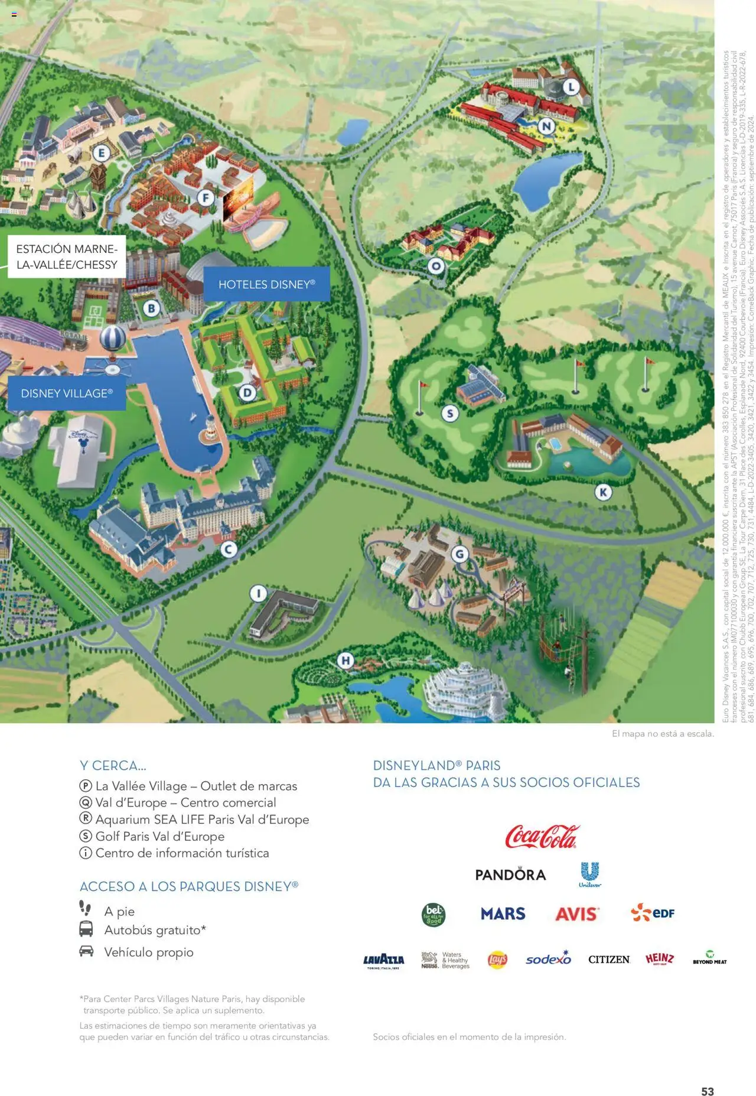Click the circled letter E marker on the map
(x=102, y=154)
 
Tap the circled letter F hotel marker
(x=205, y=197)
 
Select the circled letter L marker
(x=571, y=87)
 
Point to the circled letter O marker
(x=436, y=266)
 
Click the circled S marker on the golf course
(x=450, y=414)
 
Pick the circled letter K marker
(x=603, y=492)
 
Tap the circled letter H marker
(x=346, y=661)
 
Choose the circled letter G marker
(x=460, y=554)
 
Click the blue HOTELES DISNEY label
(x=266, y=284)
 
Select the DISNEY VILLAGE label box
(x=67, y=393)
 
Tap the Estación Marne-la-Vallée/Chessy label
(x=67, y=257)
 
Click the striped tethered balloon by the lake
(x=112, y=340)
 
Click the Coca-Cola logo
(x=542, y=837)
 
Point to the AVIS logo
(x=577, y=914)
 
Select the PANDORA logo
(x=510, y=874)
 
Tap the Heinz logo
(x=659, y=958)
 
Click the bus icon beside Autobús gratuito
(x=86, y=929)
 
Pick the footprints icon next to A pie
(x=86, y=908)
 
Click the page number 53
(x=707, y=1075)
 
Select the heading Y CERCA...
(x=113, y=766)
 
